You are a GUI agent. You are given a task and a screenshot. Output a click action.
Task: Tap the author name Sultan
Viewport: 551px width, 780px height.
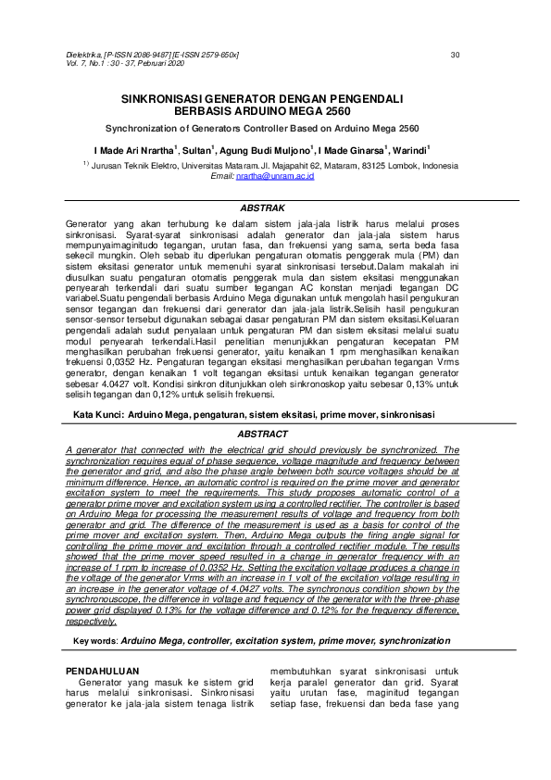[195, 149]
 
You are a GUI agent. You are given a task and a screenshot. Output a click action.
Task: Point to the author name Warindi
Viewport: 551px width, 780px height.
[409, 149]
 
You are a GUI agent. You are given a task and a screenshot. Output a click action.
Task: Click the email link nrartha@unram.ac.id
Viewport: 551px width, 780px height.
[275, 175]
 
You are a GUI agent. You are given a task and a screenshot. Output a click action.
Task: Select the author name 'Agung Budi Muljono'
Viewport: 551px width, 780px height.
[266, 149]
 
